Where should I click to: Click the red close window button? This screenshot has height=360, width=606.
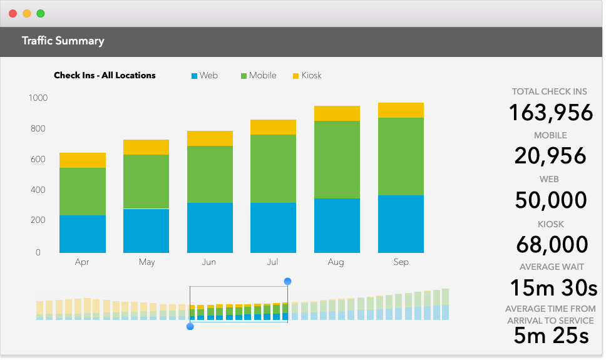[x=13, y=13]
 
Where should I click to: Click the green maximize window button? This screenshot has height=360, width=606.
[x=40, y=13]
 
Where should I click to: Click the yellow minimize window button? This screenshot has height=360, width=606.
[x=26, y=13]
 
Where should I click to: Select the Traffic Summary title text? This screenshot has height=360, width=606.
[x=63, y=41]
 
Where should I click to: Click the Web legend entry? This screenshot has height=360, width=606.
[x=205, y=76]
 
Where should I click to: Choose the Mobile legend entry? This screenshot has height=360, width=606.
[x=259, y=76]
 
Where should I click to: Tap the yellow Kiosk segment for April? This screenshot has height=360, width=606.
[x=83, y=160]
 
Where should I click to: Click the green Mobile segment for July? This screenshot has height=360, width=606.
[x=273, y=168]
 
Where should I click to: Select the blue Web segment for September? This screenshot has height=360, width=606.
[x=401, y=224]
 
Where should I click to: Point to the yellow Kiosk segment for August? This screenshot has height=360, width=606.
[x=337, y=113]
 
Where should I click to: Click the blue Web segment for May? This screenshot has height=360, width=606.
[x=146, y=230]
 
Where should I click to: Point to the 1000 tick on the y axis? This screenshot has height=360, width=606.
[x=38, y=98]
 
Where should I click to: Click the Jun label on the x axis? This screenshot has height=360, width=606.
[x=209, y=262]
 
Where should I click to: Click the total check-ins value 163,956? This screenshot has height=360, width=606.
[x=550, y=113]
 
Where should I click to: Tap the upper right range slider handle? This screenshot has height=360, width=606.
[x=287, y=282]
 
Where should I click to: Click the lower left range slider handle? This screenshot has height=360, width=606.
[x=190, y=326]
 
